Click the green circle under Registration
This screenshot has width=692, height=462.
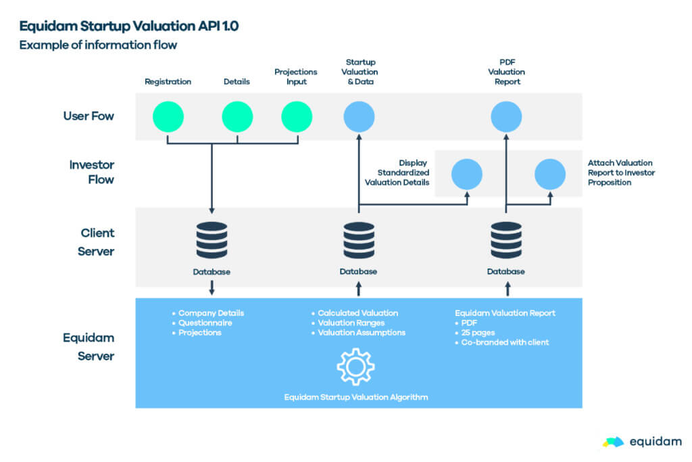coord(168,116)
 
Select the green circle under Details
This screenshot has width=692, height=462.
coord(237,116)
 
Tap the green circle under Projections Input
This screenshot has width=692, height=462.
coord(297,116)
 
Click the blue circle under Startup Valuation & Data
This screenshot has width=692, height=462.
coord(359,116)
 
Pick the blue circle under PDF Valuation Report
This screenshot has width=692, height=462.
coord(506,116)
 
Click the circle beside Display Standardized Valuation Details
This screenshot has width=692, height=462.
coord(466,174)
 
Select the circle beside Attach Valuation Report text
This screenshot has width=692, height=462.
coord(550,174)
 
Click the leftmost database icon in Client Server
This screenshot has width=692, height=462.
coord(212,240)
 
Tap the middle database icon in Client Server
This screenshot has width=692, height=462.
coord(359,240)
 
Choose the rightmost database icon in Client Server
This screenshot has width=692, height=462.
coord(506,240)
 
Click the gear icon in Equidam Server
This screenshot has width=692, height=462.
coord(355,367)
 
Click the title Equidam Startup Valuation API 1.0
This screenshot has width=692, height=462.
coord(129,26)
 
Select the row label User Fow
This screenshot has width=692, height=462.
coord(89,116)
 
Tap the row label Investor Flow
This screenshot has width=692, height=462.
coord(92,172)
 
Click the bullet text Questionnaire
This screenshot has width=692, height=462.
coord(205,323)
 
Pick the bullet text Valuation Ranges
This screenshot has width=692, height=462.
coord(351,323)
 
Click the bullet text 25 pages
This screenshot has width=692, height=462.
coord(480,333)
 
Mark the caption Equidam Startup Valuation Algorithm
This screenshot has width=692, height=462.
coord(356,396)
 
